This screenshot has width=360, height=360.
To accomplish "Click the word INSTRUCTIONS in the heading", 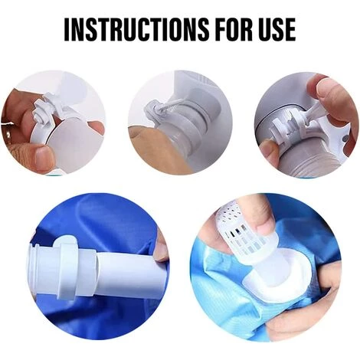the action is pos(136,29).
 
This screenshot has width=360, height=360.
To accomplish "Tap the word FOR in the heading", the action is pos(237,29).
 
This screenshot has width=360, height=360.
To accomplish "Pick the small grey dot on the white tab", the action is pos(345,139).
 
